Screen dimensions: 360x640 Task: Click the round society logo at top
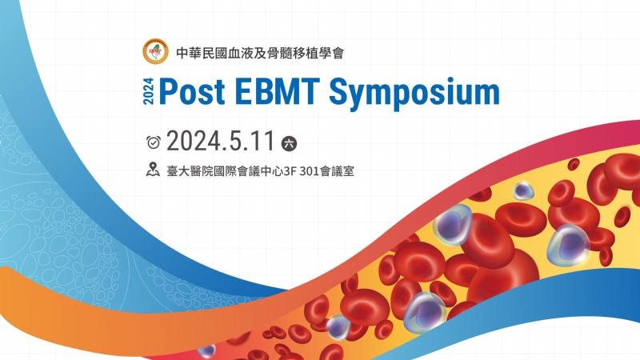154,52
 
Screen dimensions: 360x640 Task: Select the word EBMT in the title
281,93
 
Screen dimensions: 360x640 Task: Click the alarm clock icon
154,142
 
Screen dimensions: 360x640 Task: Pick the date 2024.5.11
221,142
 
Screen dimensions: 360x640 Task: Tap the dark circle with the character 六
289,142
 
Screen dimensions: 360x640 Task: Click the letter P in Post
169,93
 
